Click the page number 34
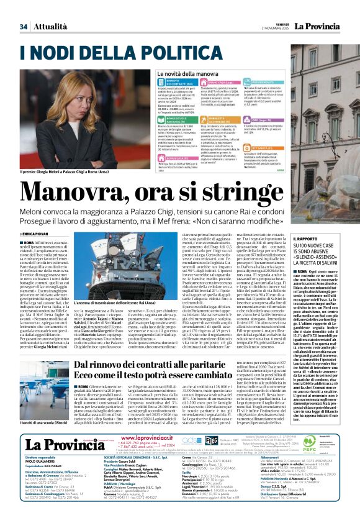click(x=23, y=27)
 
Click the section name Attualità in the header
click(x=50, y=27)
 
